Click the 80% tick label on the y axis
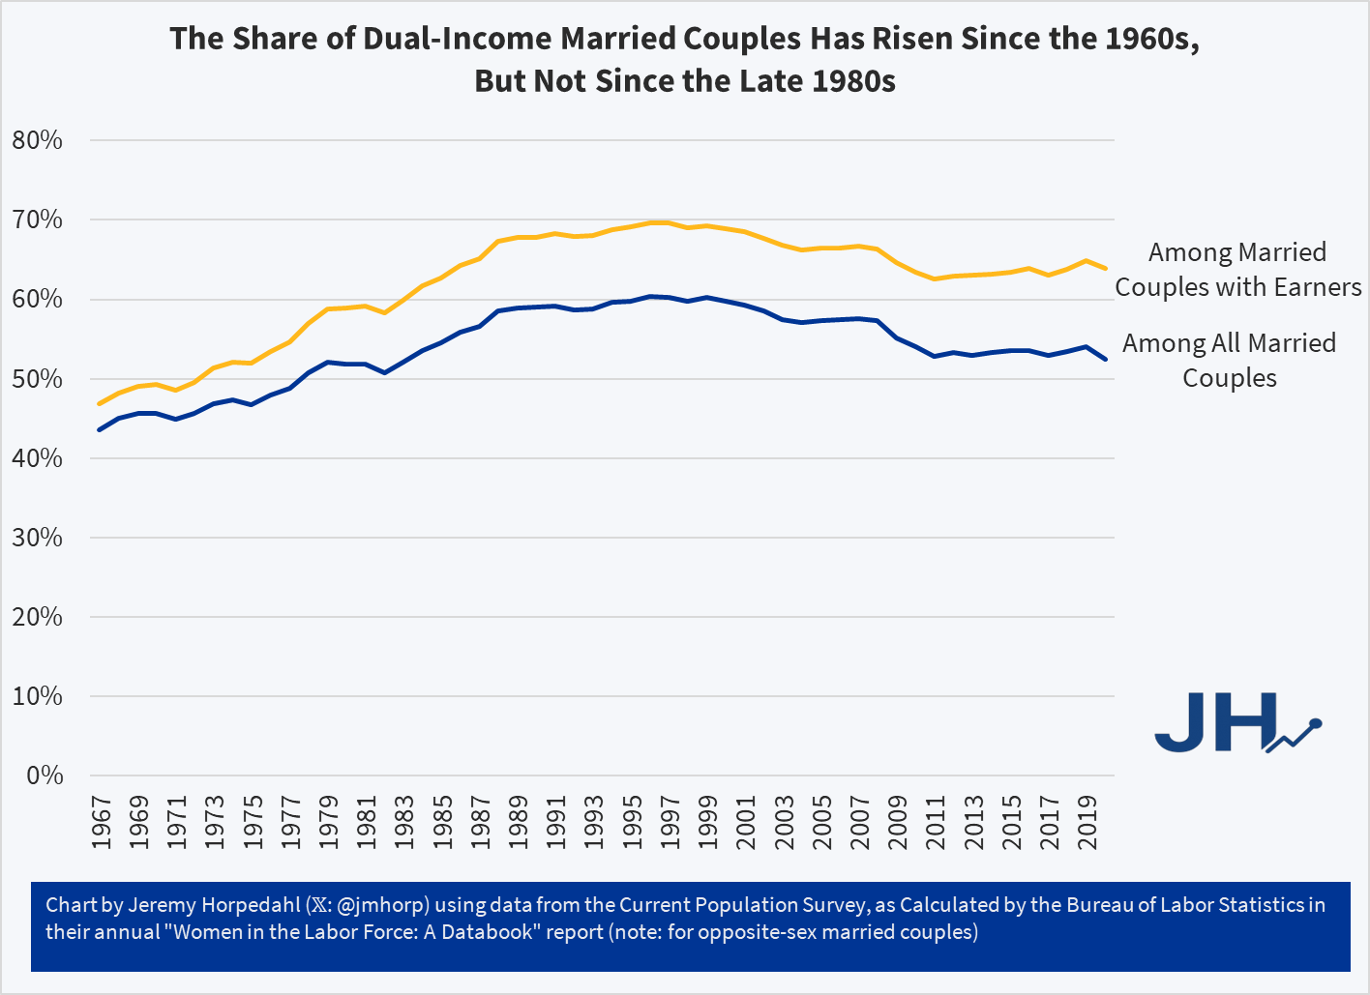pos(38,141)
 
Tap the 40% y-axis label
pos(38,458)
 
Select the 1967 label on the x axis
pos(101,822)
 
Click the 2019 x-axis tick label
pos(1087,822)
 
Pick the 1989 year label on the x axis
pos(518,822)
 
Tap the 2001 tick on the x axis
pos(746,822)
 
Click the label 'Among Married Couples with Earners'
pos(1237,270)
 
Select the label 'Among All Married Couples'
pos(1229,360)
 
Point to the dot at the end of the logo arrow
pos(1315,722)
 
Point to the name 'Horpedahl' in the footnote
pos(253,905)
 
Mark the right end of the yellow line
pos(1106,268)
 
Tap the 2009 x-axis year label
pos(898,822)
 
